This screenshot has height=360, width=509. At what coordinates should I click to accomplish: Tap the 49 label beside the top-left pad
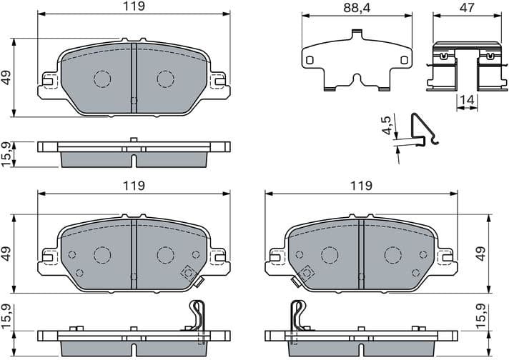pos(7,78)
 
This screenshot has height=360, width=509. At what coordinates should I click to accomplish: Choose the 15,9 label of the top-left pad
pos(7,154)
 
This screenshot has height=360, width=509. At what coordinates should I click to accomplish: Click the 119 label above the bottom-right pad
pos(361,186)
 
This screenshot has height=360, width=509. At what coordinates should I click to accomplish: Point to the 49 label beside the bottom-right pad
pos(481,254)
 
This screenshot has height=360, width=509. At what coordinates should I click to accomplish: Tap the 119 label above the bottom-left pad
pos(134,186)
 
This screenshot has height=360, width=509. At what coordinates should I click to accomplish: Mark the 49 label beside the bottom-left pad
pos(7,254)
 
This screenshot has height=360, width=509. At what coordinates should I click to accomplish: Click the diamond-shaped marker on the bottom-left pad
pos(189,272)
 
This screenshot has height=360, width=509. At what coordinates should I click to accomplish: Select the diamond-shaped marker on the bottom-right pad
pos(307,272)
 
